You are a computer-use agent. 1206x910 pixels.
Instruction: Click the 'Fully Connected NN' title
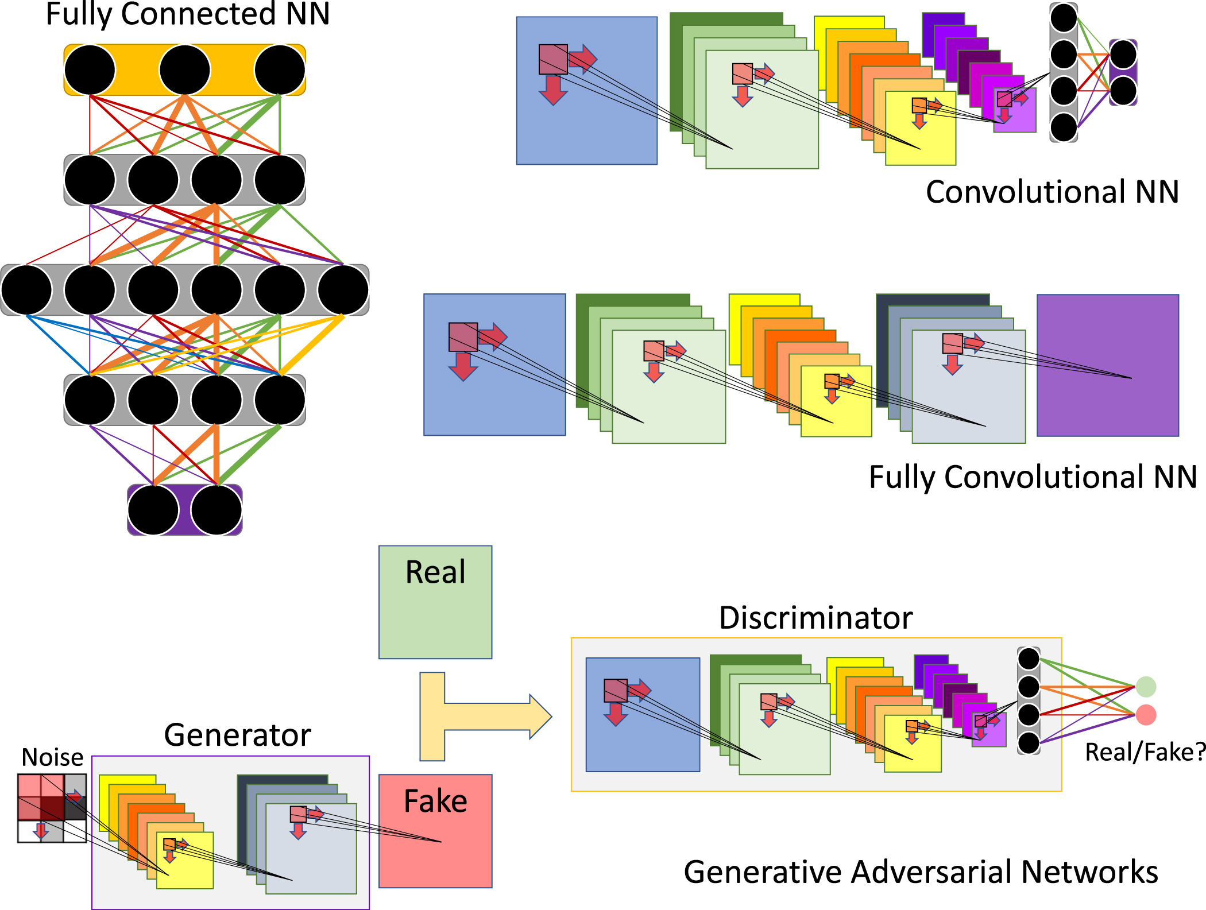point(188,14)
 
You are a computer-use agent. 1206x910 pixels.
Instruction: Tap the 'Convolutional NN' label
point(1052,192)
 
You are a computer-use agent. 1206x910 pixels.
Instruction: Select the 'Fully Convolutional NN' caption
point(1033,477)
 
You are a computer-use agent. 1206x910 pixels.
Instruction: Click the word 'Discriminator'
point(815,618)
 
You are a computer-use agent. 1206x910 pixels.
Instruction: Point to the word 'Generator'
point(237,735)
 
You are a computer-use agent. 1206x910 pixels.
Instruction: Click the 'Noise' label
point(52,758)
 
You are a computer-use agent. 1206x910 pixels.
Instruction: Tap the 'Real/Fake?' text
point(1145,752)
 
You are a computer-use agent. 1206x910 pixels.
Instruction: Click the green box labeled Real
point(435,602)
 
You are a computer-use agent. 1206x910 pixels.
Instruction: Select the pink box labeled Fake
point(435,831)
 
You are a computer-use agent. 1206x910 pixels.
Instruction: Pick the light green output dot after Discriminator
point(1146,687)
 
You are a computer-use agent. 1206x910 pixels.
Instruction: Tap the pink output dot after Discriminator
point(1146,715)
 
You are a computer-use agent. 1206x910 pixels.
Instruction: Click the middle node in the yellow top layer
point(185,70)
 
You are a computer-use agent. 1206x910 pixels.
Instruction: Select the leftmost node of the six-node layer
point(26,290)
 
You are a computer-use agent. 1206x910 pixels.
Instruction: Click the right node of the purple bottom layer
point(217,510)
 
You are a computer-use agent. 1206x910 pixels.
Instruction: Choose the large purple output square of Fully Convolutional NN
point(1107,366)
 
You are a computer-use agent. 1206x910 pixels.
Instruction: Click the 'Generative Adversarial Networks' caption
point(921,872)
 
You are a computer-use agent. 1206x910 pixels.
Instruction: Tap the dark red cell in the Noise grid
point(52,808)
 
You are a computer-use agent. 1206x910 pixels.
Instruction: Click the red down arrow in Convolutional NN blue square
point(553,91)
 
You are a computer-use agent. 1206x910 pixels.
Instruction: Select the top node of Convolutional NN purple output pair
point(1123,55)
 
